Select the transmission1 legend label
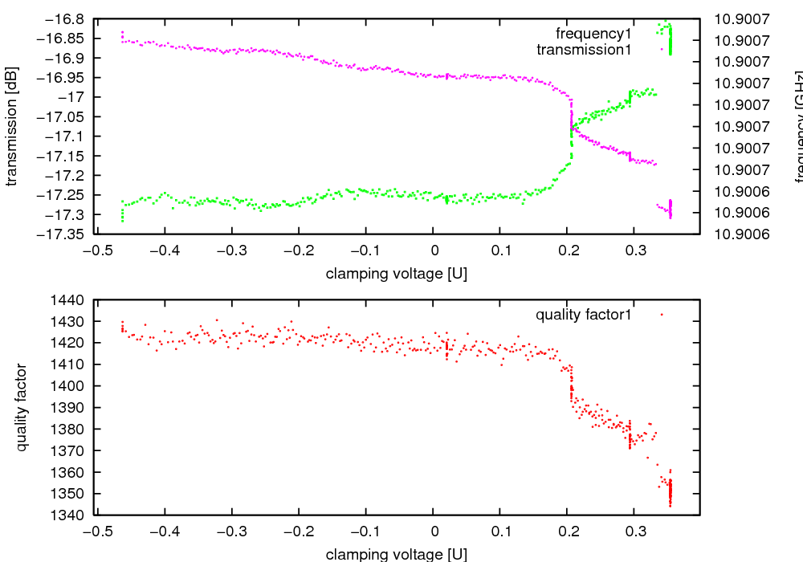click(x=584, y=50)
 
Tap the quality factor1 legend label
click(x=584, y=315)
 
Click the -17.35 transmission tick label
click(x=63, y=234)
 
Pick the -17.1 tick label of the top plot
click(x=67, y=136)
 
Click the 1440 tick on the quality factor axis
click(x=72, y=300)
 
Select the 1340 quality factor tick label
click(x=72, y=515)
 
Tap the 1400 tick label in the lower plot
click(x=72, y=386)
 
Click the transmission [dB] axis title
click(x=11, y=126)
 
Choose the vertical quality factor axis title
click(x=22, y=407)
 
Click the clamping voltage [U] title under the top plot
click(x=397, y=274)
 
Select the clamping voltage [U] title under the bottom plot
click(x=397, y=554)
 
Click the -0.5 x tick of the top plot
click(x=97, y=250)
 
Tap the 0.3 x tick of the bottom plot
click(x=634, y=531)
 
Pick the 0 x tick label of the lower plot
click(x=433, y=531)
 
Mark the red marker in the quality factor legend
click(x=662, y=315)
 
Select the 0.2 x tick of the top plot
click(x=567, y=250)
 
